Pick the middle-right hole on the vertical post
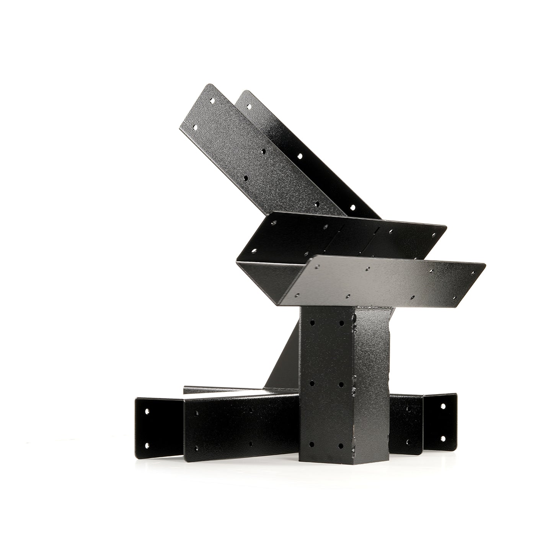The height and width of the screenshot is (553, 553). pos(341,384)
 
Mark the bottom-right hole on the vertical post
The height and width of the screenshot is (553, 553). pos(341,445)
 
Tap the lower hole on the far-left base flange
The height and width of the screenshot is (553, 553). pos(147,445)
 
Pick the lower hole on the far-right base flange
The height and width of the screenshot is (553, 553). pos(444,438)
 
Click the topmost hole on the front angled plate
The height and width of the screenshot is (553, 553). pos(213,103)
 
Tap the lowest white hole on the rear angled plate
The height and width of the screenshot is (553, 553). pos(352,207)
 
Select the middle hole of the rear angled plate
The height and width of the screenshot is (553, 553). pos(300,156)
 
